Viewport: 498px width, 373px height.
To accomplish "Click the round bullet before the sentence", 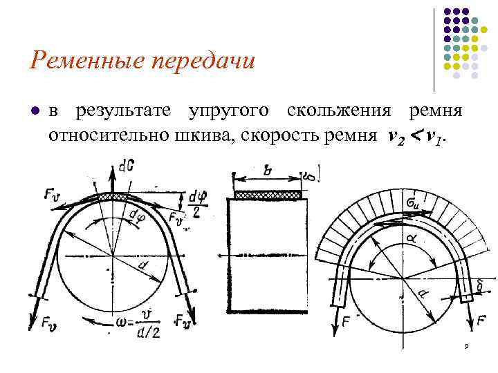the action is [34, 111].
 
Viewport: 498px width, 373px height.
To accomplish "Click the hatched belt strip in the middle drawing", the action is [268, 195].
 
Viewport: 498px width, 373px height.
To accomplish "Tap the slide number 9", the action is [467, 346].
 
